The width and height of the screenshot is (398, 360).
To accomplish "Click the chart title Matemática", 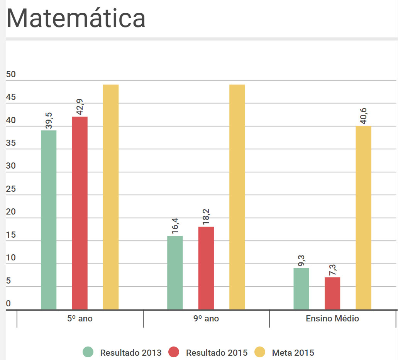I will tap(76, 18).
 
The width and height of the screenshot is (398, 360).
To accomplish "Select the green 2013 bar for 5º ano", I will tap(49, 220).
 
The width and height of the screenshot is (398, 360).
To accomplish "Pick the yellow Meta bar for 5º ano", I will tap(111, 197).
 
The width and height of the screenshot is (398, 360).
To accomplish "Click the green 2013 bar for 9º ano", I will tap(175, 272).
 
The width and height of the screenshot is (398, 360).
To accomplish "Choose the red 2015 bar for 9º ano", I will tap(206, 268).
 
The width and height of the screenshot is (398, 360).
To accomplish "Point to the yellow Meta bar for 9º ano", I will tap(237, 197).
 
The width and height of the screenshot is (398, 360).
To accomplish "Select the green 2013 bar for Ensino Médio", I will tap(301, 289).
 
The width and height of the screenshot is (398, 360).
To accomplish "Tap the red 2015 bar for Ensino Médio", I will tap(332, 293).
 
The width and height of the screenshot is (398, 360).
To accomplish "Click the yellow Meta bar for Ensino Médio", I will tap(363, 218).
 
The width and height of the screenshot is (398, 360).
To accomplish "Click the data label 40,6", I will tap(364, 116).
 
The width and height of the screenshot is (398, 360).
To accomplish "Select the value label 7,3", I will tap(333, 267).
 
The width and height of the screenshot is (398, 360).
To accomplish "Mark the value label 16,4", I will tap(175, 226).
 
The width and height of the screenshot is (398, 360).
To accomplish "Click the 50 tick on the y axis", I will tap(11, 74).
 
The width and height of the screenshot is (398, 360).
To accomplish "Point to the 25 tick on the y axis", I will tap(11, 189).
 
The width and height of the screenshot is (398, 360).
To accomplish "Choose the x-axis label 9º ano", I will tap(206, 319).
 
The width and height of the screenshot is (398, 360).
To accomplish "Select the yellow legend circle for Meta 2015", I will tap(260, 352).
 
